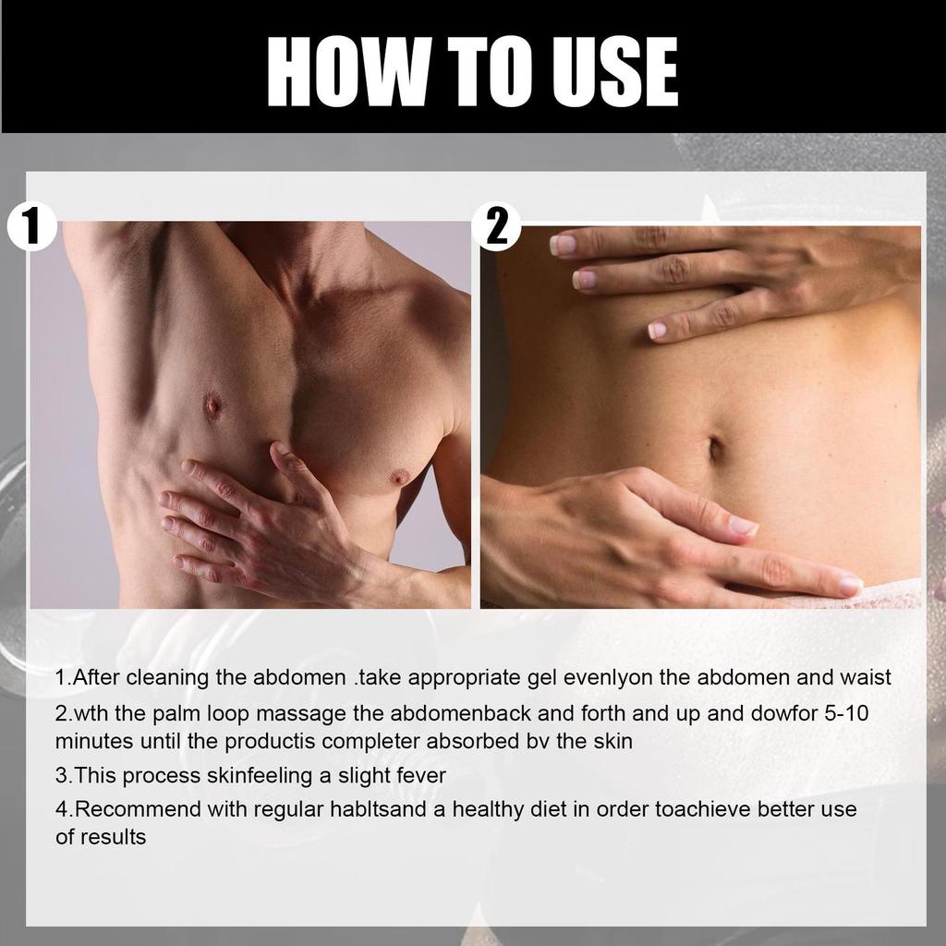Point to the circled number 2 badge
[497, 226]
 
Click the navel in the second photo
[716, 448]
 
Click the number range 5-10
[843, 714]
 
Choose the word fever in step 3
[419, 776]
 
